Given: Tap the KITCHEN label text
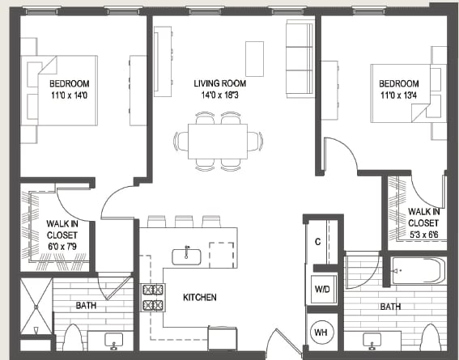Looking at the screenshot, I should tap(199, 298).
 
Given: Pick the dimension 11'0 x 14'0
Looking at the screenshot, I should tap(68, 95).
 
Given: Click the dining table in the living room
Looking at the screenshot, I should tap(219, 140).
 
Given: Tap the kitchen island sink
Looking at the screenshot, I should tap(187, 255).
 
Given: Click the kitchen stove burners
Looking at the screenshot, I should tap(152, 298).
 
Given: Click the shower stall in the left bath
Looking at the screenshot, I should tap(36, 305).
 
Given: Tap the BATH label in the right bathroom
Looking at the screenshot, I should tap(391, 307).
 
